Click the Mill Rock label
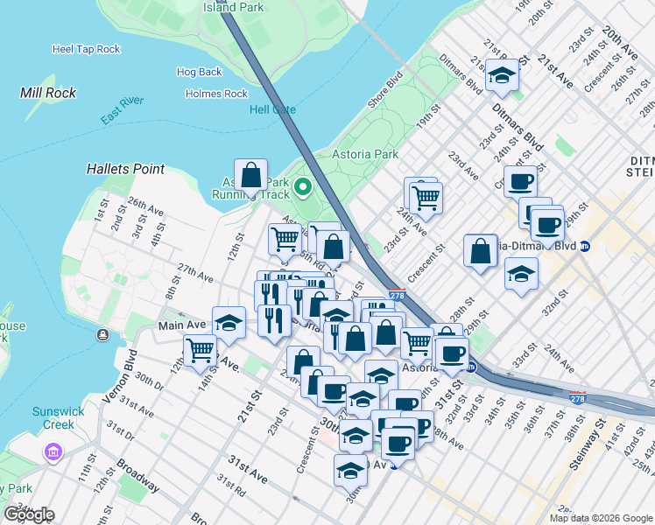pyautogui.click(x=48, y=93)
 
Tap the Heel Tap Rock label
pyautogui.click(x=86, y=50)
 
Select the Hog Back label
pyautogui.click(x=199, y=72)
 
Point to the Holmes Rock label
pyautogui.click(x=216, y=94)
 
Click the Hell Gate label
pyautogui.click(x=272, y=109)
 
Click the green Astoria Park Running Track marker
pyautogui.click(x=303, y=186)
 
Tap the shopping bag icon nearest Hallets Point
pyautogui.click(x=251, y=175)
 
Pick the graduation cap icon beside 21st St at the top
pyautogui.click(x=502, y=75)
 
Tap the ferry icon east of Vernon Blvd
pyautogui.click(x=103, y=334)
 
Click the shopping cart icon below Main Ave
pyautogui.click(x=201, y=350)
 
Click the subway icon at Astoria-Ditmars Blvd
pyautogui.click(x=585, y=246)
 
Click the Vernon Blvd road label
pyautogui.click(x=120, y=377)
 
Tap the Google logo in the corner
pyautogui.click(x=28, y=514)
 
